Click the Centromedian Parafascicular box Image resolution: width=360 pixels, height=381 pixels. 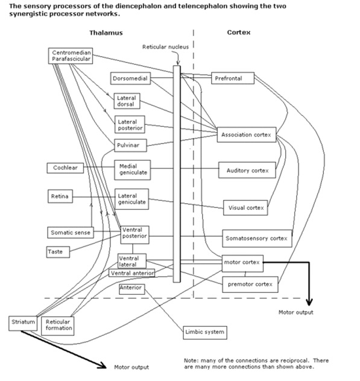click(x=72, y=56)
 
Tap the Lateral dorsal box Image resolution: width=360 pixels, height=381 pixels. click(x=126, y=101)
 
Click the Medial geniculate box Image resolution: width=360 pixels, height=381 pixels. click(x=132, y=169)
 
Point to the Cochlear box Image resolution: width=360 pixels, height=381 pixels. click(x=65, y=168)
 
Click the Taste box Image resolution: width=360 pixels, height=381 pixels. click(x=55, y=251)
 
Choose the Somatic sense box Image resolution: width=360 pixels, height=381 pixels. click(x=69, y=232)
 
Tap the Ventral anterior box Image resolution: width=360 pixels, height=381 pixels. click(x=131, y=273)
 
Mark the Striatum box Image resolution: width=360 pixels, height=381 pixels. click(x=23, y=323)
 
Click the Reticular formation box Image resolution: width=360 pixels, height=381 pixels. click(x=58, y=326)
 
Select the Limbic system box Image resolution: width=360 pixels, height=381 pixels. click(x=205, y=332)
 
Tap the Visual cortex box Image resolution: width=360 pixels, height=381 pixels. click(x=246, y=208)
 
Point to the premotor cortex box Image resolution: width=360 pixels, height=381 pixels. click(x=250, y=284)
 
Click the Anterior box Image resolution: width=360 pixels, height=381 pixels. click(x=131, y=288)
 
